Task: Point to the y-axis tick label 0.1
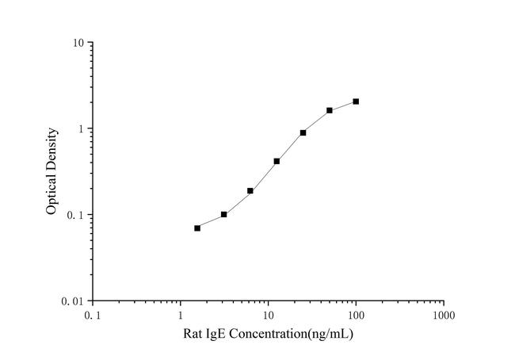78,215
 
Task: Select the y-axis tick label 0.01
74,301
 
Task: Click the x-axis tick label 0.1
93,315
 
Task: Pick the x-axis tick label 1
181,315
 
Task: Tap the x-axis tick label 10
268,315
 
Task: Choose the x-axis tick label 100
356,315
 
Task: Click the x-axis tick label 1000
444,315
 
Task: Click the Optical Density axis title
51,171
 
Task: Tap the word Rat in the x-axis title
193,334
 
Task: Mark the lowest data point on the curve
197,228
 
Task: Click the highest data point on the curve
356,101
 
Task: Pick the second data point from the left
224,214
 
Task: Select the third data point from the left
250,190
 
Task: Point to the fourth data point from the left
277,161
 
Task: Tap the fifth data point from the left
303,132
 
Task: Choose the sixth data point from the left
330,110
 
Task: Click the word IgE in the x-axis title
215,334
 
